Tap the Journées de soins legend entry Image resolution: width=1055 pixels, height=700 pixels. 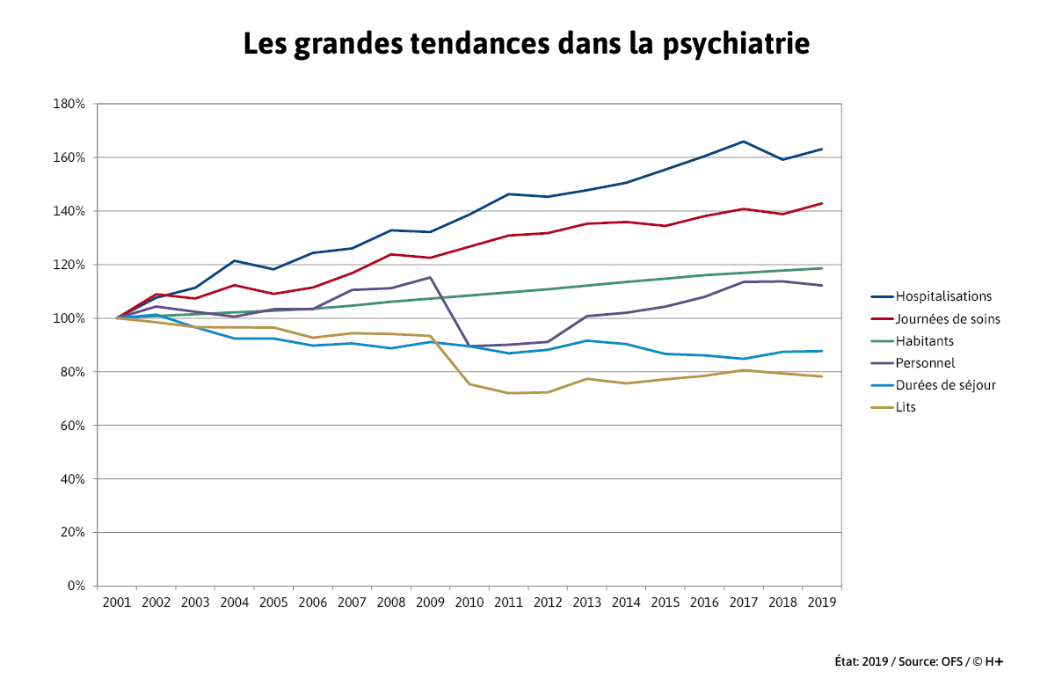pos(948,319)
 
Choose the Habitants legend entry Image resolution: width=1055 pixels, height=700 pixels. pos(924,341)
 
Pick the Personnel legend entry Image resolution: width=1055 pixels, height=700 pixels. pos(925,362)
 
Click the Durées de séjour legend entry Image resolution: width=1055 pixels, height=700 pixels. pos(945,385)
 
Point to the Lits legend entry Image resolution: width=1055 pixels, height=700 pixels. pos(906,407)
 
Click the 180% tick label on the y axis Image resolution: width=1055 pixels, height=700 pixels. pos(69,104)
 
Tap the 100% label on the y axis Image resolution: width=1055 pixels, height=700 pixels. pos(69,318)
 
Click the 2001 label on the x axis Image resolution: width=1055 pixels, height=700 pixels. pos(117,602)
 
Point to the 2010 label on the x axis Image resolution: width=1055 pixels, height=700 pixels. pos(469,602)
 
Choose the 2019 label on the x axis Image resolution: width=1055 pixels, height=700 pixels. pos(822,602)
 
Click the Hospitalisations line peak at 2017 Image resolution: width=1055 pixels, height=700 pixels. pos(744,142)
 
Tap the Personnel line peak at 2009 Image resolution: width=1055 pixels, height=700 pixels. pos(430,277)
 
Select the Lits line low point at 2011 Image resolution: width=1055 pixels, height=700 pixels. pos(508,393)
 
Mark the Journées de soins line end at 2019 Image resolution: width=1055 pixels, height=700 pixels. pos(822,203)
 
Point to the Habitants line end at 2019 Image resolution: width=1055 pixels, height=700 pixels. pos(822,268)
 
